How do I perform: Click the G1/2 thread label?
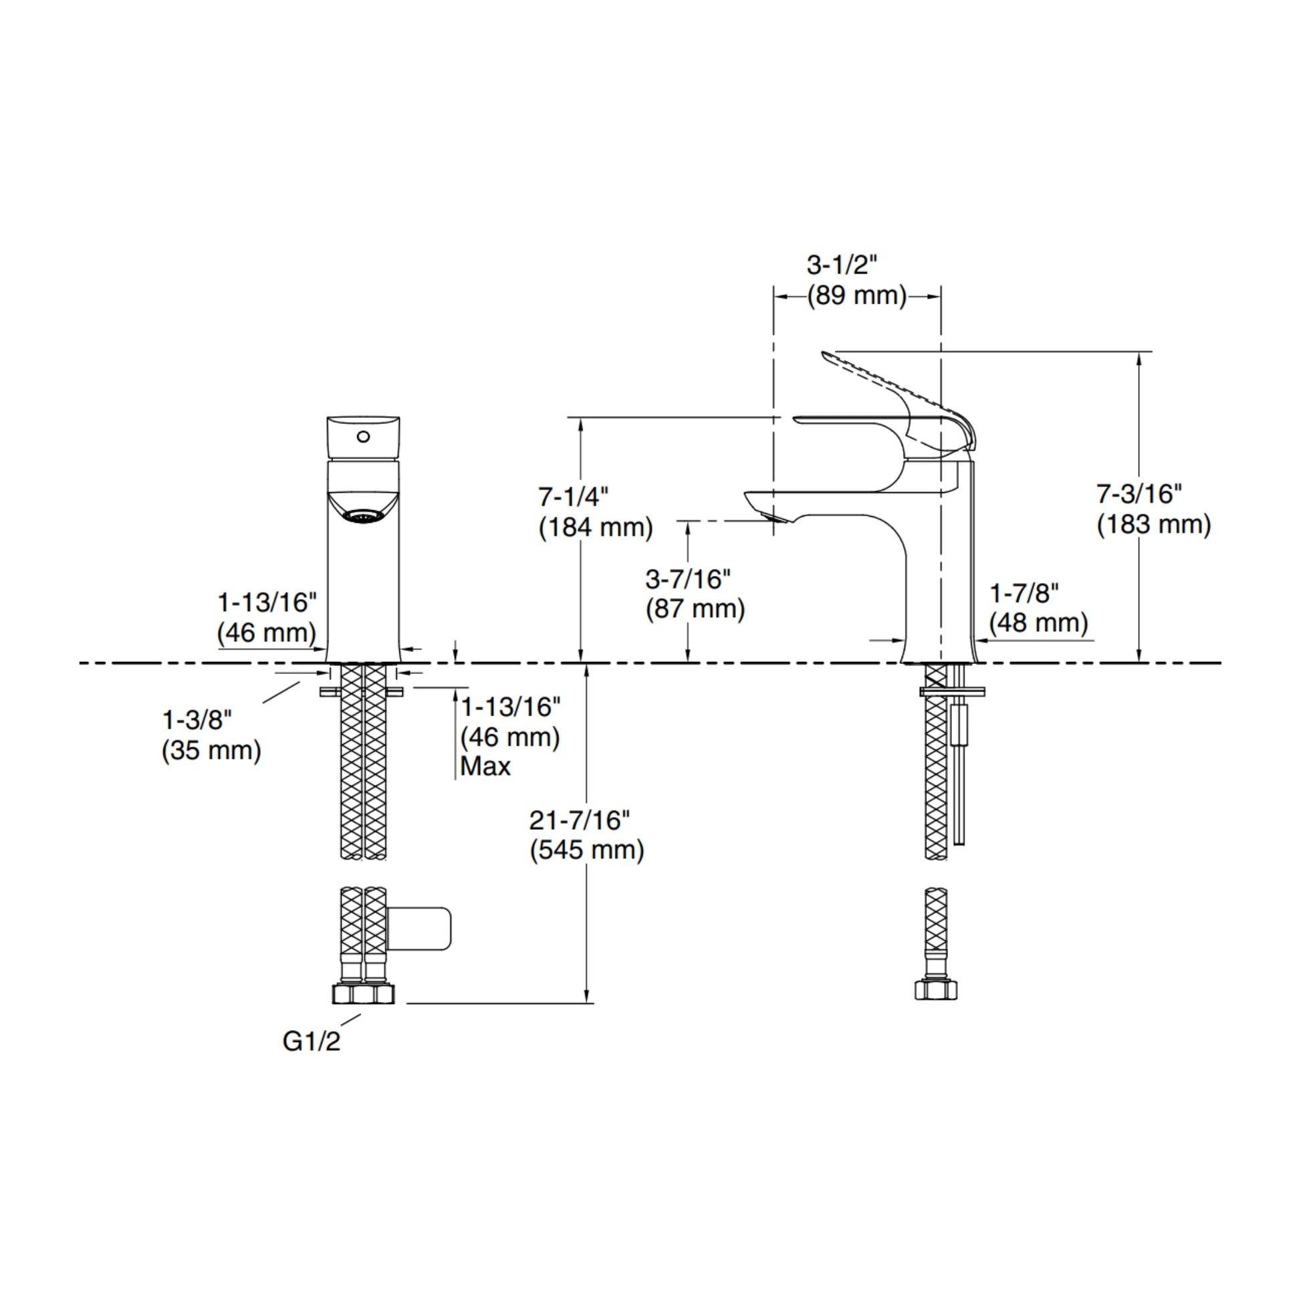[311, 1042]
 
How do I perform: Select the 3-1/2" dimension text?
[842, 265]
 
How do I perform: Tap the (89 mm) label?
[857, 295]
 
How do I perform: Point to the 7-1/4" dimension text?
[573, 497]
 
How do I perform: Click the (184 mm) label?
[596, 527]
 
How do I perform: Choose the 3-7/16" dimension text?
[688, 579]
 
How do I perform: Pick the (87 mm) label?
[695, 610]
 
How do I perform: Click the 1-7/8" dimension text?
[1024, 593]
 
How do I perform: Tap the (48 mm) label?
[1039, 623]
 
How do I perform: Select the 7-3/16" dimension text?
[1139, 494]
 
